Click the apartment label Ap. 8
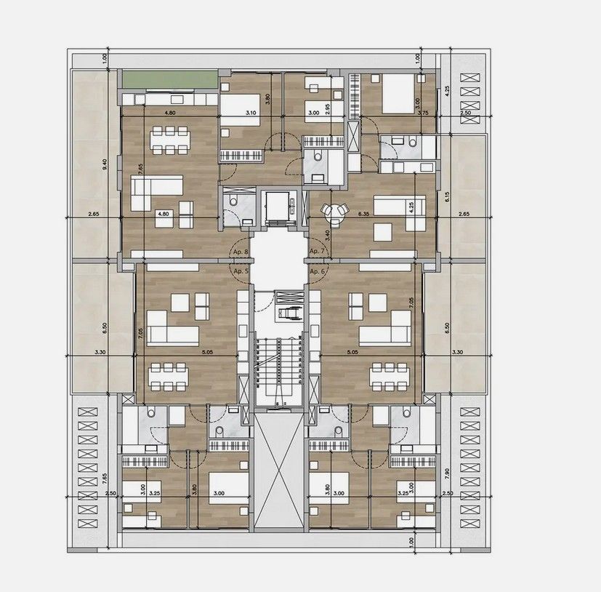[240, 252]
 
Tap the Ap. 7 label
[316, 252]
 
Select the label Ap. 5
[240, 271]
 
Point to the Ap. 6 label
[316, 271]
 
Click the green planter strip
[169, 79]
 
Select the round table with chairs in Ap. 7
[335, 211]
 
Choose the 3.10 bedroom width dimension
[251, 113]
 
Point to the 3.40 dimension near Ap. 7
[328, 235]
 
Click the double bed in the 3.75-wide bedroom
[397, 93]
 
